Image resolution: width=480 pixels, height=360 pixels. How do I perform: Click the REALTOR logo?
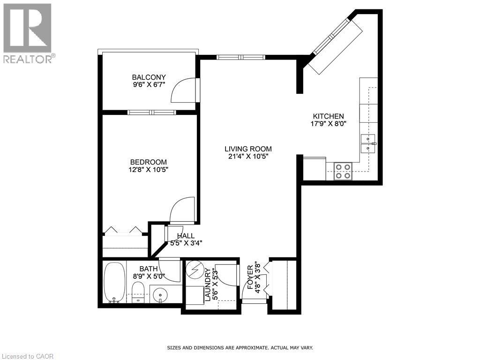click(x=28, y=33)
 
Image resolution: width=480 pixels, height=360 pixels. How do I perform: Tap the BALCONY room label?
click(x=149, y=77)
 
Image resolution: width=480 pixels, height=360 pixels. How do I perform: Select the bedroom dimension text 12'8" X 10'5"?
click(x=149, y=170)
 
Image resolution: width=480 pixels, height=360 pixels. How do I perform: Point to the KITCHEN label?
click(x=329, y=116)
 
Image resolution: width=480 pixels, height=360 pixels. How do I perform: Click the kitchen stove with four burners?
click(x=343, y=171)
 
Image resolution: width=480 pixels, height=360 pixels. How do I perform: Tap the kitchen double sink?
click(x=368, y=143)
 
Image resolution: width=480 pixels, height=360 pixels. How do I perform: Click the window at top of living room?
click(x=240, y=57)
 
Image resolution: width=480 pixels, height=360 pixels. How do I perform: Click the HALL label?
click(x=186, y=236)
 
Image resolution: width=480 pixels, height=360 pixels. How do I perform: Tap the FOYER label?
click(x=250, y=277)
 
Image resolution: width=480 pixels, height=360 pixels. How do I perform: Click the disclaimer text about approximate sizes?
click(x=240, y=348)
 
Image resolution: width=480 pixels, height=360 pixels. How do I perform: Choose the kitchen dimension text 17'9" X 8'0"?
click(x=329, y=124)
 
